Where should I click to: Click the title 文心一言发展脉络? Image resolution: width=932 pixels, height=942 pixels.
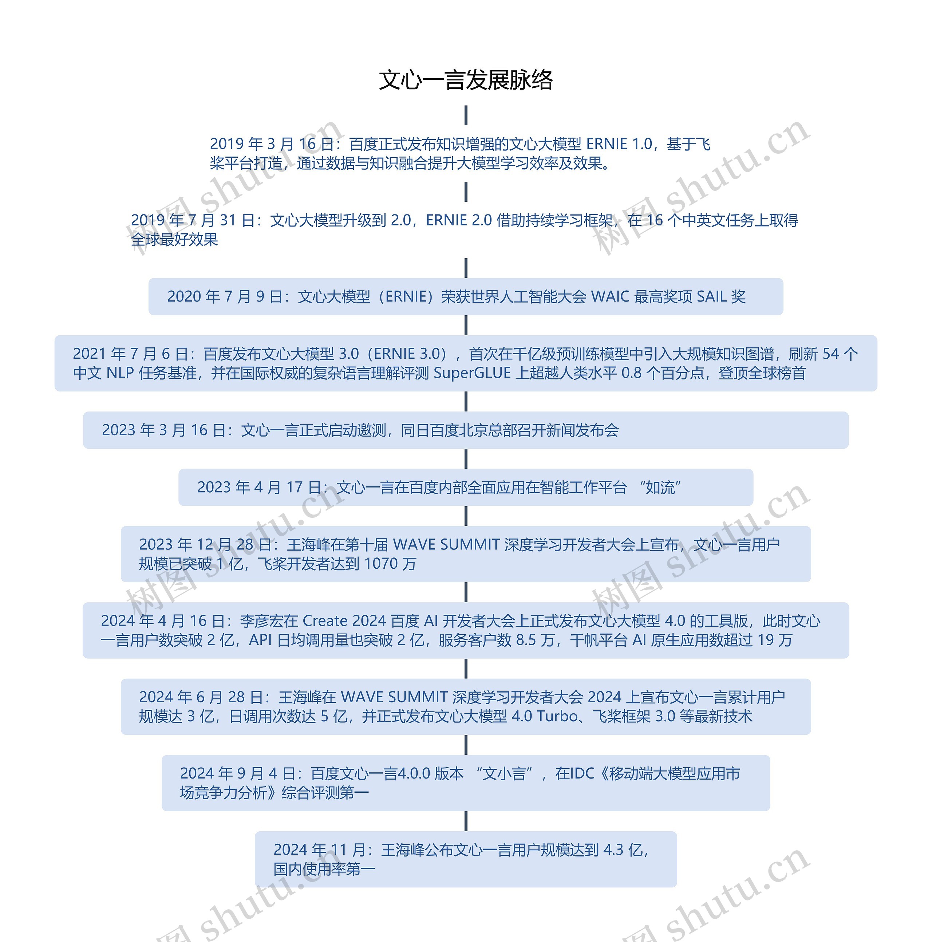coord(466,80)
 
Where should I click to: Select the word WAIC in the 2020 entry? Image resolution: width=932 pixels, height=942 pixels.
coord(610,296)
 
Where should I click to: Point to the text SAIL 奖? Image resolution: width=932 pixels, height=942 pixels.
coord(721,296)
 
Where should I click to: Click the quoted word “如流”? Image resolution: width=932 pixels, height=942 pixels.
coord(660,487)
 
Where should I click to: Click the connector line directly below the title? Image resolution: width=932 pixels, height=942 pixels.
coord(466,115)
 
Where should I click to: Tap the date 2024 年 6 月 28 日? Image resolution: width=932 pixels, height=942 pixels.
coord(201,697)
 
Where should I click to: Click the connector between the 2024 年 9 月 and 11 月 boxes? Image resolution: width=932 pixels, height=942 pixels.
coord(466,821)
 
